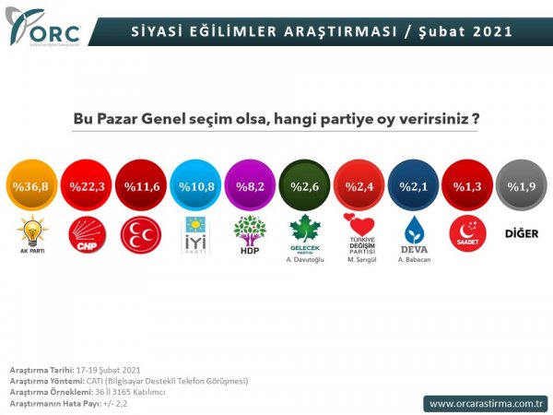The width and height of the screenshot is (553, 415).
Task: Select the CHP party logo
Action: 89,235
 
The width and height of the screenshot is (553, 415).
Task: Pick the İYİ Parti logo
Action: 196,234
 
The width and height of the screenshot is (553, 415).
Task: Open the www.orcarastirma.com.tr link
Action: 487,403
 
